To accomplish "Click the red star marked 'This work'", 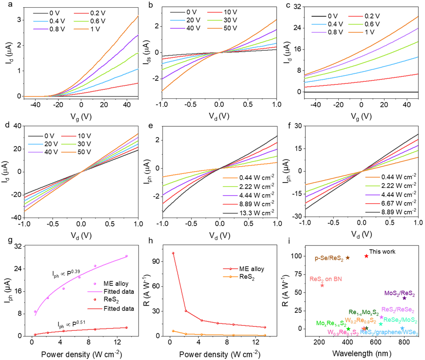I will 367,256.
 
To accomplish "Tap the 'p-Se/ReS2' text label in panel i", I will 329,258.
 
